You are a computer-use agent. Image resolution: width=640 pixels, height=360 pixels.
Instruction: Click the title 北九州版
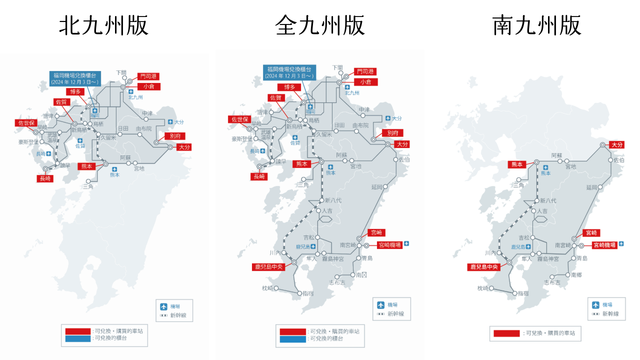coord(104,25)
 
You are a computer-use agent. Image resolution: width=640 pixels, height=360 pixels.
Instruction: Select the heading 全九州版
coord(320,25)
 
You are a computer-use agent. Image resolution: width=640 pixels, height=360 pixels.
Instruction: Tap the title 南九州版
coord(536,25)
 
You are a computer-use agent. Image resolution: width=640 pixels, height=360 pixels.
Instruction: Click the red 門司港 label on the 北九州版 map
coord(148,76)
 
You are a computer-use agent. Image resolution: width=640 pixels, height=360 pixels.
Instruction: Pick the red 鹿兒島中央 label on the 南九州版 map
coord(483,267)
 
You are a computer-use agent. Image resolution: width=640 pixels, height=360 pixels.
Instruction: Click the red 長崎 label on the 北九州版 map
coord(45,178)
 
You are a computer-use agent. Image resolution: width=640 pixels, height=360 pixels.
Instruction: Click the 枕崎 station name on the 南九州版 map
coord(482,288)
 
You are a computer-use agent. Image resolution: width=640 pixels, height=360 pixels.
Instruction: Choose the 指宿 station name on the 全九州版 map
coord(307,293)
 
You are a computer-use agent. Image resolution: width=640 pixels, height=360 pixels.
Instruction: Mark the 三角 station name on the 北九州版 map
coord(88,186)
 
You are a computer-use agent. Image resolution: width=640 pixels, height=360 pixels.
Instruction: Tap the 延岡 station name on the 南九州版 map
coord(591,187)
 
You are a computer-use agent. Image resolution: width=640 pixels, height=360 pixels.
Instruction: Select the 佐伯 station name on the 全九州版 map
coord(404,160)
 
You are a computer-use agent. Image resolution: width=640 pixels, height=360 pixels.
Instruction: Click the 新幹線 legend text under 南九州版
coord(610,314)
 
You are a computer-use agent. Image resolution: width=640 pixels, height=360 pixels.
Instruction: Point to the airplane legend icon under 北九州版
coord(163,306)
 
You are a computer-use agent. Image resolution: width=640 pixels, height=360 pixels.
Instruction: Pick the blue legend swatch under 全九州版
coord(292,339)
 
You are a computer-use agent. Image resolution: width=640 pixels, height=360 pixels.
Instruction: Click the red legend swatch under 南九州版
coord(507,333)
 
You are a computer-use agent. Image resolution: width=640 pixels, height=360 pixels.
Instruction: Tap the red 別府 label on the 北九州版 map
coord(174,136)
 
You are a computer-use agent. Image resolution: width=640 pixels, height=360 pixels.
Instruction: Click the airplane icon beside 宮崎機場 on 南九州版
coord(621,244)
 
